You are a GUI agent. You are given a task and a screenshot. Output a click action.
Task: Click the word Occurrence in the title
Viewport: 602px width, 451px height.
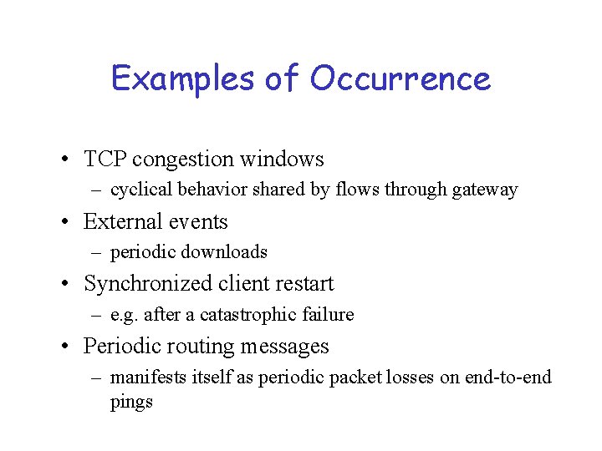(400, 79)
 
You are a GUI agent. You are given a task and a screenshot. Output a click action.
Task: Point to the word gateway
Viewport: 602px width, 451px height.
(484, 190)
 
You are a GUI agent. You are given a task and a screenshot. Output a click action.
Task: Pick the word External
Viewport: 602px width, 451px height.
(122, 221)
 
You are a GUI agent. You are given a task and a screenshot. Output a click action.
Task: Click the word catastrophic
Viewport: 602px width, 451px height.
(263, 315)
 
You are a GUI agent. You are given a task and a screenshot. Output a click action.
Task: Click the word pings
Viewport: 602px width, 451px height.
(131, 402)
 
